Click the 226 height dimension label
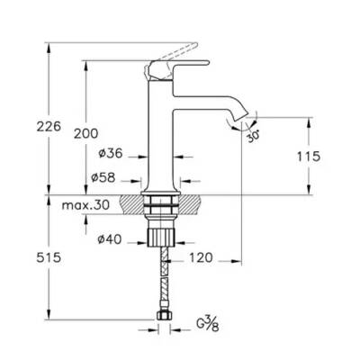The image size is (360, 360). (49, 126)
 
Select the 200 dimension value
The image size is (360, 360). (85, 133)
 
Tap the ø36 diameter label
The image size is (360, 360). (111, 154)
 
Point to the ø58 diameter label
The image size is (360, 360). (103, 178)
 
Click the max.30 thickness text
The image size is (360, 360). (85, 205)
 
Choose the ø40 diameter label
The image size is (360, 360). (110, 239)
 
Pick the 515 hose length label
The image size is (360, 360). (49, 257)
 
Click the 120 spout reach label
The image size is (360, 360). (201, 257)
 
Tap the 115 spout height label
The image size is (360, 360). (309, 157)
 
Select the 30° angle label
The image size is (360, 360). (254, 136)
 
